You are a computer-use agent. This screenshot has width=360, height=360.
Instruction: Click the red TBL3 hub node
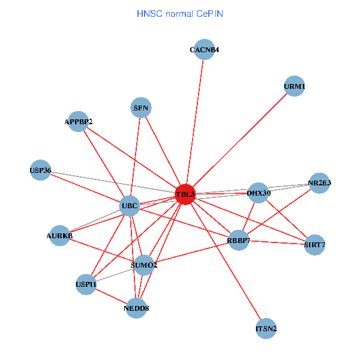click(185, 194)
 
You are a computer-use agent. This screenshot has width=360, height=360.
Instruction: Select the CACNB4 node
click(204, 50)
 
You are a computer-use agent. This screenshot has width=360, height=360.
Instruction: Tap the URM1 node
click(294, 86)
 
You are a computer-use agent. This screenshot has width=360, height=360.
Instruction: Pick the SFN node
click(141, 108)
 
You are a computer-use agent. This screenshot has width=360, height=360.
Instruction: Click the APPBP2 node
click(79, 122)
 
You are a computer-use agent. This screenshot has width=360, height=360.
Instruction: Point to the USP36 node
click(40, 170)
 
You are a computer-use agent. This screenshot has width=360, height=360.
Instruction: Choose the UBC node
click(130, 206)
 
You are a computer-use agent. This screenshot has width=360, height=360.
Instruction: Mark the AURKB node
click(59, 236)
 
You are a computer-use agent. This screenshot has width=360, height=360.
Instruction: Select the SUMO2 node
click(144, 265)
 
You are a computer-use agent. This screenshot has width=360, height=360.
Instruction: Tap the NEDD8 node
click(137, 308)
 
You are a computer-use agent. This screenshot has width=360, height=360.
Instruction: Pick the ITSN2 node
click(266, 329)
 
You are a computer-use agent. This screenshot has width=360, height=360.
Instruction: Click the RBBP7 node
click(238, 241)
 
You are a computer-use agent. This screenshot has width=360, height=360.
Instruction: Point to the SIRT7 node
click(314, 244)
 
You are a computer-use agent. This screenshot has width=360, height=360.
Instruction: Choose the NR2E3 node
click(320, 183)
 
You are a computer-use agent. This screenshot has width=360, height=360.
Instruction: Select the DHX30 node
click(259, 193)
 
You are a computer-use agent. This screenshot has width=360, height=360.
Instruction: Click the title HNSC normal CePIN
click(180, 13)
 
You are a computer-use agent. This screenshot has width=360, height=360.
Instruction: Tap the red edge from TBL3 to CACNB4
click(195, 120)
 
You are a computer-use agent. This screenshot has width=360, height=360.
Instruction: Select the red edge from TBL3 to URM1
click(240, 140)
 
